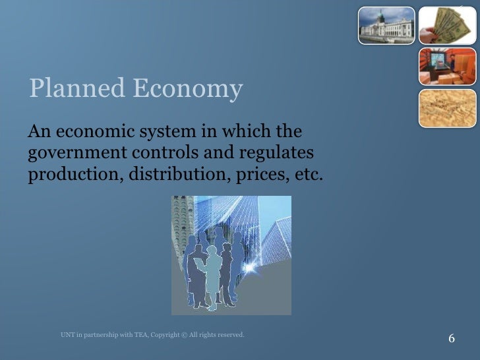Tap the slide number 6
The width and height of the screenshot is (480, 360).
click(x=452, y=338)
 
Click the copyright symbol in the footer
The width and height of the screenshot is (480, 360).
click(x=183, y=335)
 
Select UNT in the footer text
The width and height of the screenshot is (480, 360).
click(x=67, y=335)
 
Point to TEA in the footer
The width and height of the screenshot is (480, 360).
click(x=139, y=335)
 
